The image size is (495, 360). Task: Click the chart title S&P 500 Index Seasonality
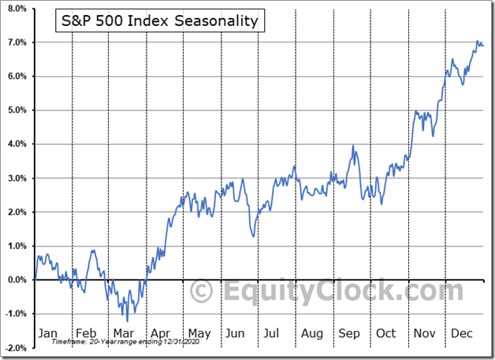click(x=160, y=21)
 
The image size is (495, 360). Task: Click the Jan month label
click(x=48, y=332)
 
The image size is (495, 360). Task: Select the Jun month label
click(x=236, y=332)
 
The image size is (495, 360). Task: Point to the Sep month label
click(x=348, y=332)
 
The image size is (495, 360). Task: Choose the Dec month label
click(x=461, y=332)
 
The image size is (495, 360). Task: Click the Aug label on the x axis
click(x=312, y=332)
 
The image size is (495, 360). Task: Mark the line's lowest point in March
click(x=126, y=321)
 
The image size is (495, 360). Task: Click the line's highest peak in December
click(x=477, y=41)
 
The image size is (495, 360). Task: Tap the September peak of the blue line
click(x=354, y=146)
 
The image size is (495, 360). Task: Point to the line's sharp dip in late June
click(x=253, y=236)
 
